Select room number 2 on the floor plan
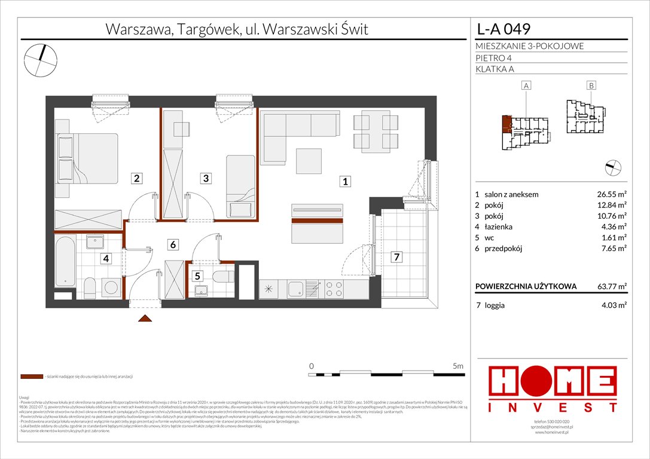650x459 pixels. (x=137, y=178)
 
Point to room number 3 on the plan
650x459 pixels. (x=206, y=178)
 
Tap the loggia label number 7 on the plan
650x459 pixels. (x=396, y=258)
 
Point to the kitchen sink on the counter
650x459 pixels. (x=295, y=289)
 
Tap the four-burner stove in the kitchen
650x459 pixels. (x=334, y=289)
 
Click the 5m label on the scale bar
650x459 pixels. (x=458, y=365)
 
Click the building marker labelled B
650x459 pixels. (x=591, y=86)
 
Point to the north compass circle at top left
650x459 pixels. (x=41, y=59)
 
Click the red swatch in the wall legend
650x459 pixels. (x=31, y=377)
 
